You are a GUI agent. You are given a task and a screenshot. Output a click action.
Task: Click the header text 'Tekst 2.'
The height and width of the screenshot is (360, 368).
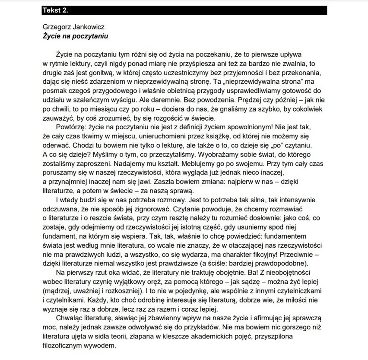55,9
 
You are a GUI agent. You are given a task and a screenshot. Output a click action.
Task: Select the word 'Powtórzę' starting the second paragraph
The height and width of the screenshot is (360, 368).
70,128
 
